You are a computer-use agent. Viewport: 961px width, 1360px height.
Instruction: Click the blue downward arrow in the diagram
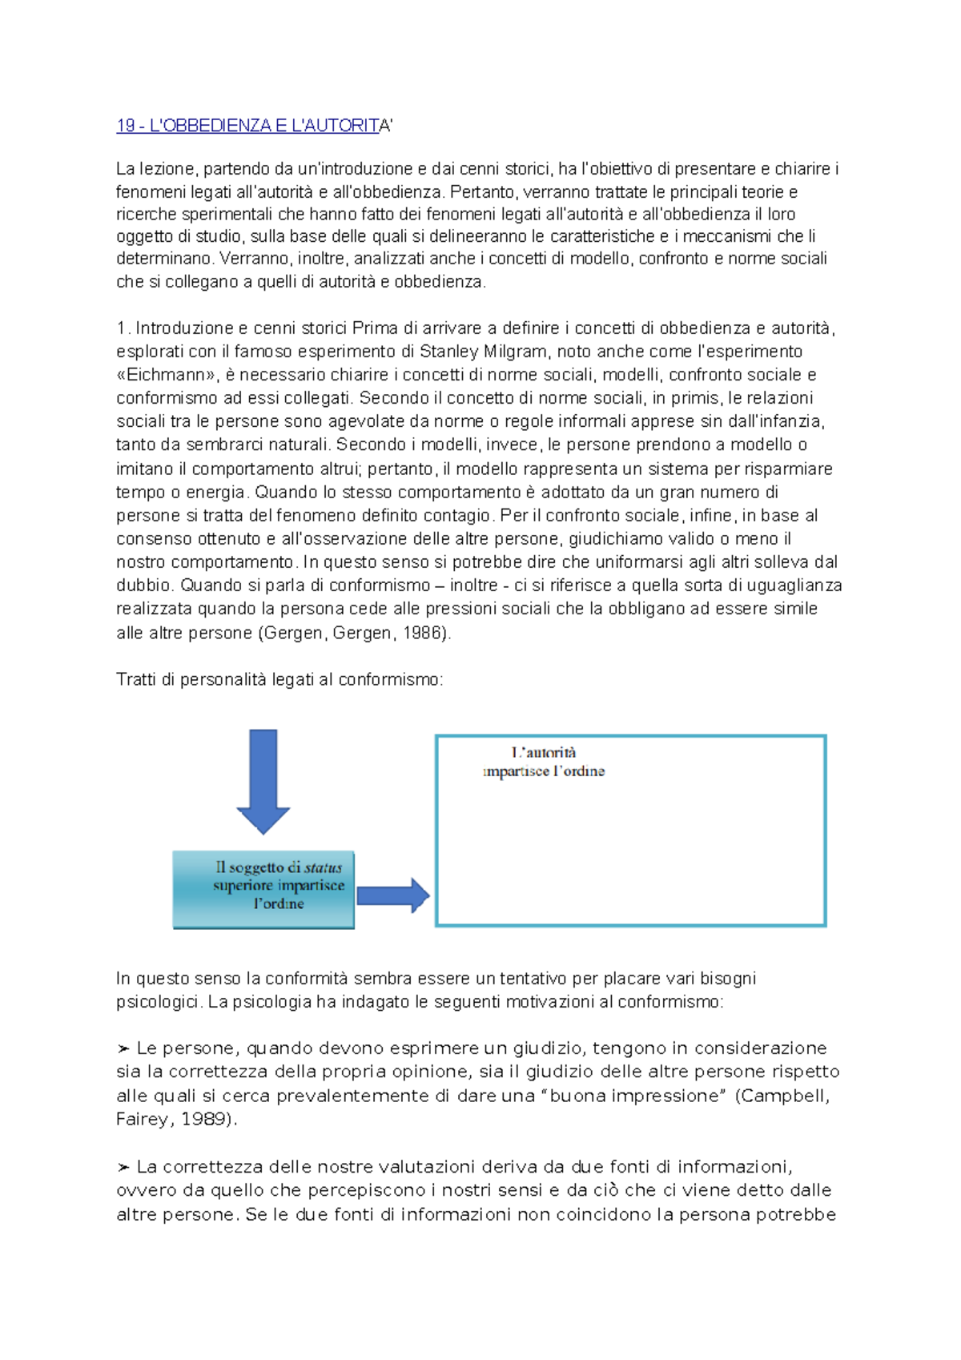pos(263,781)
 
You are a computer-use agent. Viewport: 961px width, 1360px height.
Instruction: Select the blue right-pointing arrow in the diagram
pos(392,895)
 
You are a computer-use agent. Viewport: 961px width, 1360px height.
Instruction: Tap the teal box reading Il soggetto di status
pos(263,890)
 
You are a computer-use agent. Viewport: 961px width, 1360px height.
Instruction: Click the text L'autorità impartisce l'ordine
pos(544,762)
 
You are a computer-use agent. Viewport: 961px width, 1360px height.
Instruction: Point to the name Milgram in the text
pos(515,352)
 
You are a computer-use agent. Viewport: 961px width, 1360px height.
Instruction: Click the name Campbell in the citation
pos(784,1096)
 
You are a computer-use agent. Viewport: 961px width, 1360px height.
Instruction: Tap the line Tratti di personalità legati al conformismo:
pos(279,680)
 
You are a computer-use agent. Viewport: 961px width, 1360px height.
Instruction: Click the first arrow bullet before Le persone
pos(123,1049)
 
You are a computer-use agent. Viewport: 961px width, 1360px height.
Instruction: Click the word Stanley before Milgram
pos(448,352)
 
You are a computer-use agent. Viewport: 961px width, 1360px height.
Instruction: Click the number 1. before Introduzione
pos(123,328)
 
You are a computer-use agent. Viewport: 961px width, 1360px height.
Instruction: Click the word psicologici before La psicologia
pos(158,1002)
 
